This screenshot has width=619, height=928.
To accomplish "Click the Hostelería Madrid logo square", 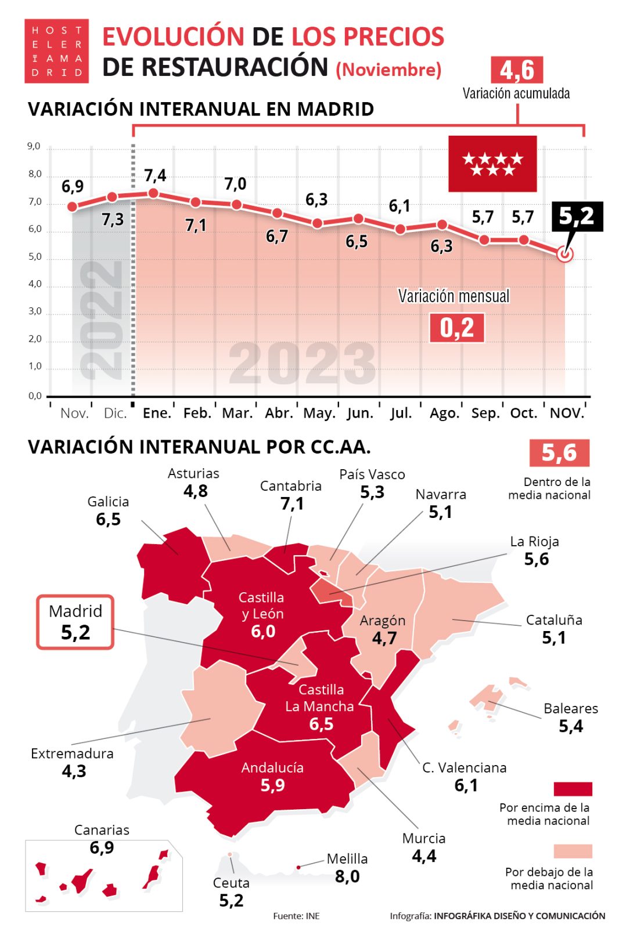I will click(56, 51).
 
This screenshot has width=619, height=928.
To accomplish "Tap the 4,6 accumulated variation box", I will click(516, 70).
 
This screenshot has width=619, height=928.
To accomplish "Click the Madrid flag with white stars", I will click(492, 164).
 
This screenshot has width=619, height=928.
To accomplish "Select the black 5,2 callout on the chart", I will click(577, 216).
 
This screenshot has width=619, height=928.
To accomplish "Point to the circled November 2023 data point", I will click(564, 254).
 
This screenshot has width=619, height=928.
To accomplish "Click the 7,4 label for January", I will click(155, 175).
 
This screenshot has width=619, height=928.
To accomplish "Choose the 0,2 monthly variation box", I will click(456, 328).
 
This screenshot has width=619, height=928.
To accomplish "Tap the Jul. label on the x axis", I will click(401, 413).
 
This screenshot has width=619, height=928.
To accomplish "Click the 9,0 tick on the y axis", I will click(34, 146).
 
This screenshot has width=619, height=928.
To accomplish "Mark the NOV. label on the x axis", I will click(567, 413).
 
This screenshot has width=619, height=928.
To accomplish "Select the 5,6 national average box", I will click(559, 452).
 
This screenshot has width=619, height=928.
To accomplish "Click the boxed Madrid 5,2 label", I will click(75, 622).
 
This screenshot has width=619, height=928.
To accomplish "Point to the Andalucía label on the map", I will click(272, 767).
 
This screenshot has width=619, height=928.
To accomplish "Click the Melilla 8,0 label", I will click(347, 868).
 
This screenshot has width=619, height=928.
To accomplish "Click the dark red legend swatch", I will click(573, 789).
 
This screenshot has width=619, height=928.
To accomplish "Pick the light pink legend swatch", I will click(573, 851).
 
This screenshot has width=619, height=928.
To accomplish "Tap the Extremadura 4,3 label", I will click(73, 762).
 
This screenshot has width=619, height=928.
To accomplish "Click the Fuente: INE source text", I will click(296, 916).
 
